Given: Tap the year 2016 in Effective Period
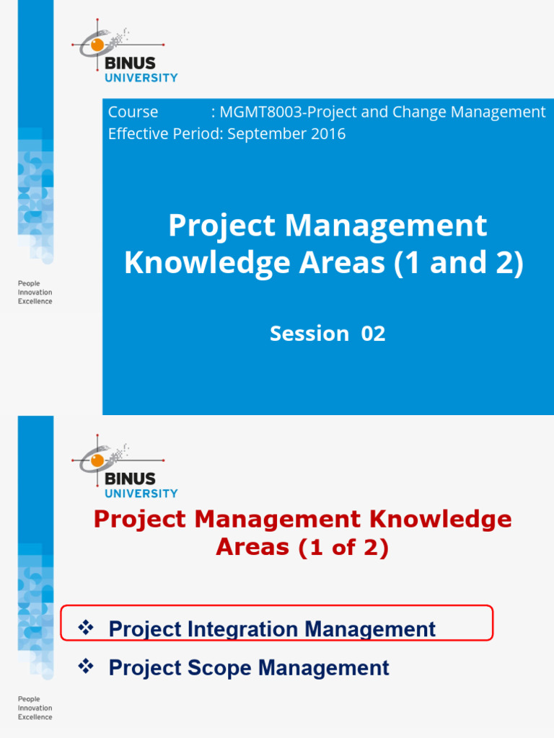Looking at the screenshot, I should coord(329,134).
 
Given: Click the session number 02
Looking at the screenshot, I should coord(373,334).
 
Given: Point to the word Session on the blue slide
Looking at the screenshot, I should coord(309,334).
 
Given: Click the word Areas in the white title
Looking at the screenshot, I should coord(338,263).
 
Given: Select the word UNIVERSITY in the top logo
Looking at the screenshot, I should coord(141,78).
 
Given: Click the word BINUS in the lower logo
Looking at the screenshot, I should coord(131,479).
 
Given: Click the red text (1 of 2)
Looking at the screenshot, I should coord(343,548).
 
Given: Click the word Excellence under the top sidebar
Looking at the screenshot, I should coord(35,302).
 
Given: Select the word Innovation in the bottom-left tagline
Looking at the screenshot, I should coord(35,708).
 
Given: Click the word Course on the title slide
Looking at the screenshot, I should coord(133,112).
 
